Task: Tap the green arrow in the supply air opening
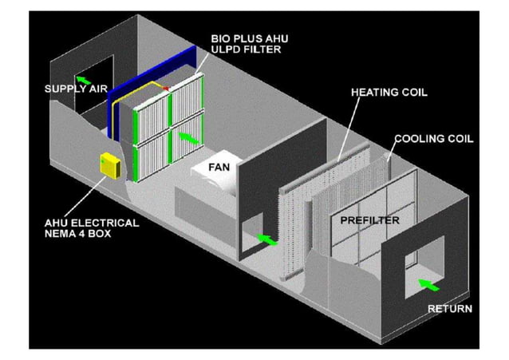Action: [x=81, y=78]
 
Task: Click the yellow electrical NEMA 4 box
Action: [x=108, y=166]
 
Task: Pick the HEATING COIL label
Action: [x=389, y=92]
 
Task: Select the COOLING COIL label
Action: [x=434, y=138]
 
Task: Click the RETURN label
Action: [x=450, y=308]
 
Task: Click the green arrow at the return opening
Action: [x=429, y=284]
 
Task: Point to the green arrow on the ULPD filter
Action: [x=188, y=138]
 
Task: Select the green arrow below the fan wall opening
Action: [x=270, y=238]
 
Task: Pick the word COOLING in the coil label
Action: [x=421, y=138]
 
